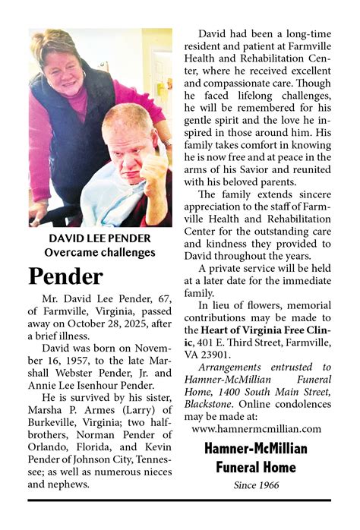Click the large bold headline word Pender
[x=65, y=276]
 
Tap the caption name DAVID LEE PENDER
[x=99, y=238]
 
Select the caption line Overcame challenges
[x=99, y=252]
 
